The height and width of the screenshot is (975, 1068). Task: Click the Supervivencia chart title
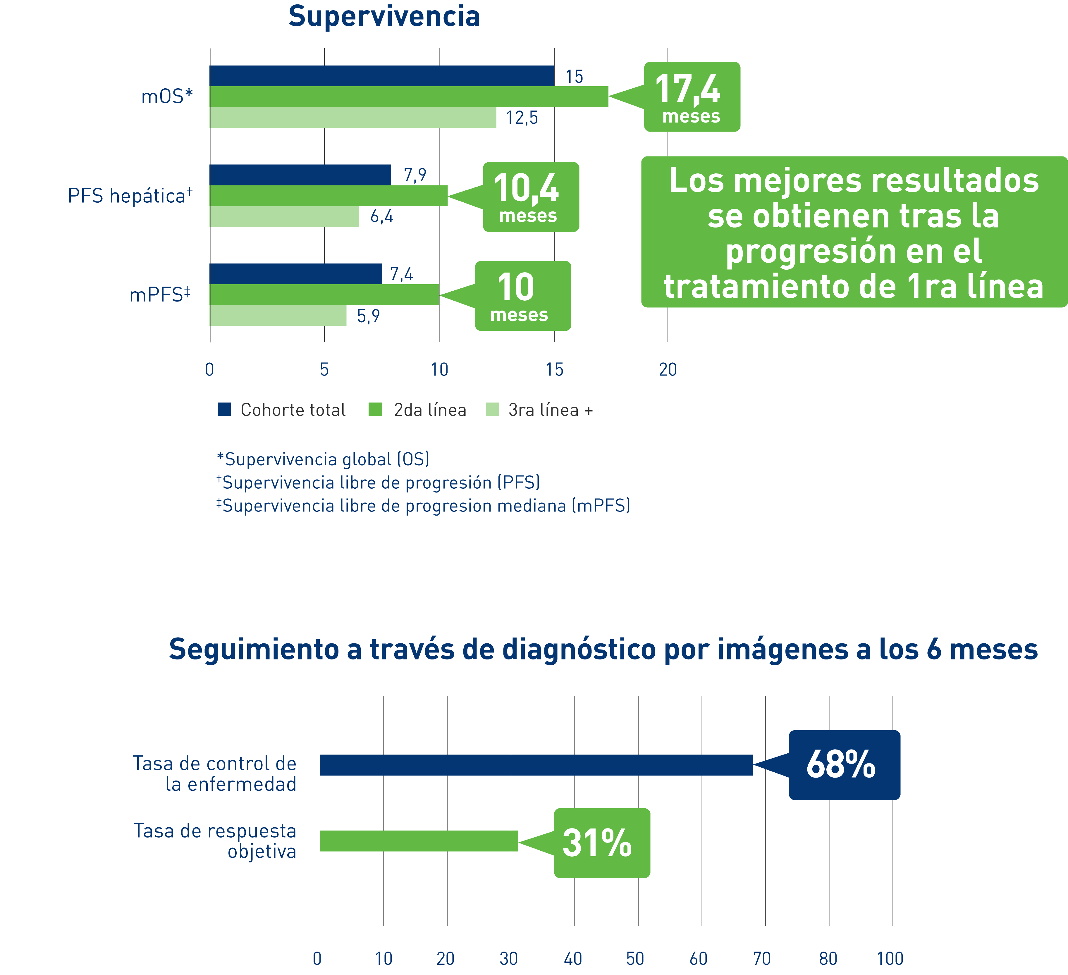pos(384,16)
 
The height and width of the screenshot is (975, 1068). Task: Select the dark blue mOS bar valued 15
pos(381,76)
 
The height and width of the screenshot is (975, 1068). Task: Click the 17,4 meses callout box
pos(692,97)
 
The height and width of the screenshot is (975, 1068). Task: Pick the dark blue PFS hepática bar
pos(300,175)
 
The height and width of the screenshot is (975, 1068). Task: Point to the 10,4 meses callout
pos(531,197)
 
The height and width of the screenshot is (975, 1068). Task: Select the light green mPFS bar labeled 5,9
pos(278,316)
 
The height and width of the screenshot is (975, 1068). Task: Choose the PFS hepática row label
pos(130,196)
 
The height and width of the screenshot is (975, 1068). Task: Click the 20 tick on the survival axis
pos(668,370)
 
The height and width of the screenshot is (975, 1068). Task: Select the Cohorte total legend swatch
pos(224,409)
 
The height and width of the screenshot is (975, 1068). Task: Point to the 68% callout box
pos(844,765)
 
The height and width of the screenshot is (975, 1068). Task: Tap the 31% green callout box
pos(602,843)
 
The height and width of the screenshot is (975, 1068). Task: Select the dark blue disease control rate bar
pos(536,765)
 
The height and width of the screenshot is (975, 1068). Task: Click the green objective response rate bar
pos(419,841)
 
